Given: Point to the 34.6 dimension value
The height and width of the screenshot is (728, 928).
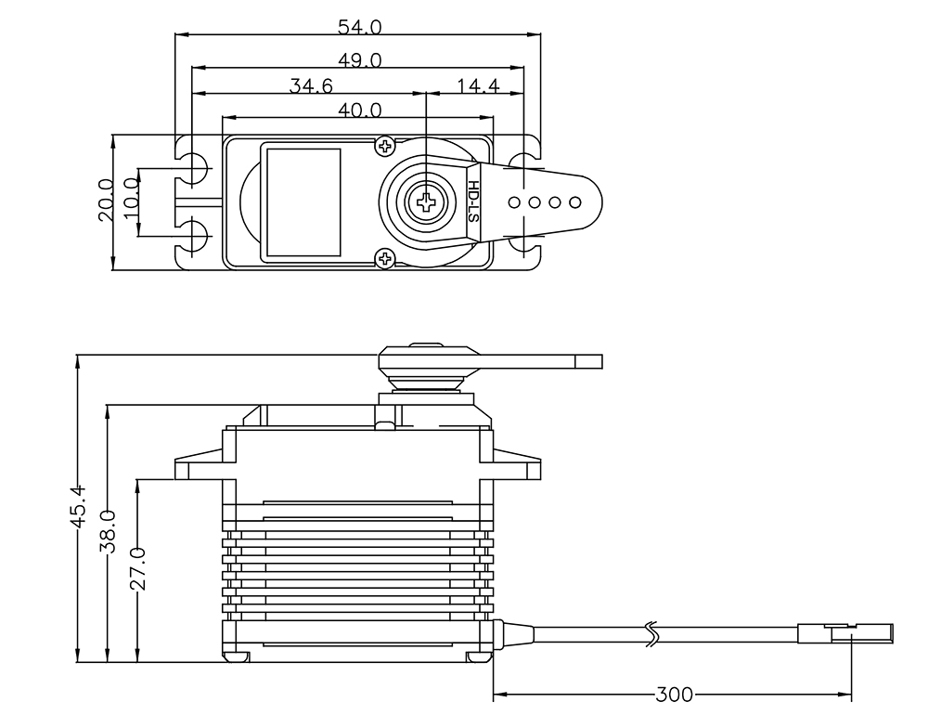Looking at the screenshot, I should coord(311,86).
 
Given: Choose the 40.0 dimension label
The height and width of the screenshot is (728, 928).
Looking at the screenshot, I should coord(359,110).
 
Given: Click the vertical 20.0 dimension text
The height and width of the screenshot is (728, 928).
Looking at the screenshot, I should coord(105,200).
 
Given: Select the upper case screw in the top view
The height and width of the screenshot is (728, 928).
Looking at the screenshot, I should coord(385,146).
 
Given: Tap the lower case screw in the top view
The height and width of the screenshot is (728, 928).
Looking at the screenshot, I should coord(383,258).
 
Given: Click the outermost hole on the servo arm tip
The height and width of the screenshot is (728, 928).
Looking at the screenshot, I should coord(575,201).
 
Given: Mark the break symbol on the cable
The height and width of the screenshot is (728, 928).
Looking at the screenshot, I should coord(651,634).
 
